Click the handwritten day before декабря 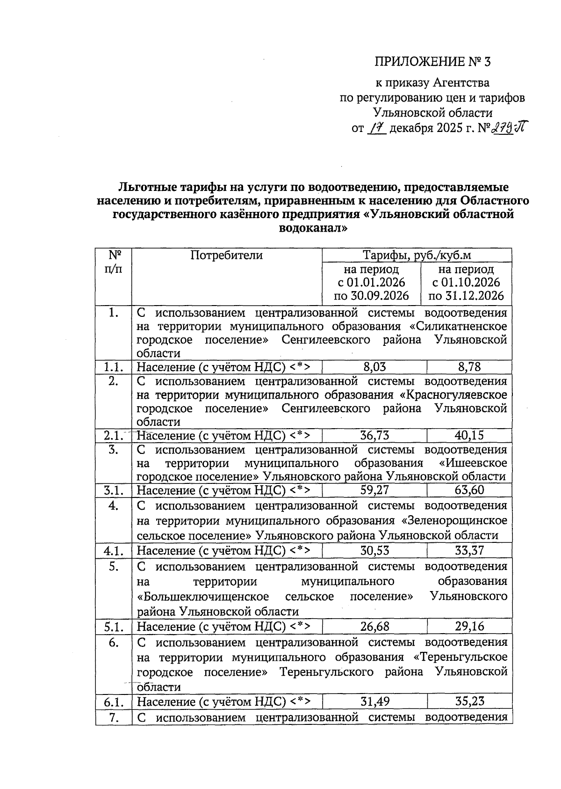(377, 127)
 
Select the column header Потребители (227, 255)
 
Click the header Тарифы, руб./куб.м (417, 255)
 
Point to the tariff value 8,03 (374, 366)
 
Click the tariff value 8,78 (469, 366)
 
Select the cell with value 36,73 (374, 436)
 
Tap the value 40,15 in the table (469, 436)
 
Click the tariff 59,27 (374, 490)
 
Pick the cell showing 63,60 (469, 490)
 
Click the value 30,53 (374, 551)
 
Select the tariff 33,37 (469, 551)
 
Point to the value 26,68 (374, 626)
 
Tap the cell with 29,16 (469, 626)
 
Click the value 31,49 (374, 701)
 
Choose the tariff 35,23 (469, 701)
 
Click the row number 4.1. (114, 551)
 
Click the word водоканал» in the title (313, 229)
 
